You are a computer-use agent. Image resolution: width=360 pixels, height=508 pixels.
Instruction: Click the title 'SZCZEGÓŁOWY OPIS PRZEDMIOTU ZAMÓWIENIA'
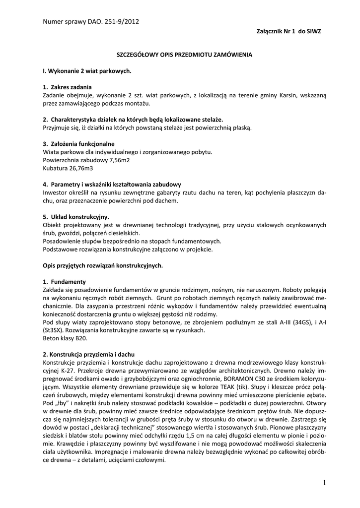click(x=181, y=54)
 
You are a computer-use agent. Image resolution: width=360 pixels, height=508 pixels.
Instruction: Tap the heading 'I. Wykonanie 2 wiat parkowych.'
click(x=87, y=71)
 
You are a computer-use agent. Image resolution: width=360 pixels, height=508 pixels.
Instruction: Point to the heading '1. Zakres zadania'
click(x=67, y=87)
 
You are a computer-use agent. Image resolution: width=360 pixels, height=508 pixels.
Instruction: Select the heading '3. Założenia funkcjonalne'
click(x=78, y=144)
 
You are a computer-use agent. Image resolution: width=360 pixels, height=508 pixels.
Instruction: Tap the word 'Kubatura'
click(x=55, y=169)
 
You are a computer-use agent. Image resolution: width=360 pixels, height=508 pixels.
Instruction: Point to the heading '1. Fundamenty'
click(x=64, y=281)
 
